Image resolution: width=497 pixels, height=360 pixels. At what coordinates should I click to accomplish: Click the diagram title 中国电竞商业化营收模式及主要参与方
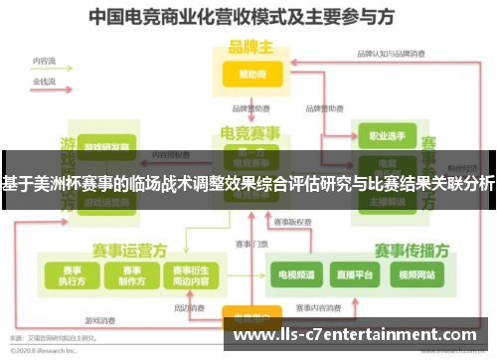tap(248, 18)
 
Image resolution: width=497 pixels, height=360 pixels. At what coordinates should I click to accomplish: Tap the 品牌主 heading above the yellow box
tap(249, 46)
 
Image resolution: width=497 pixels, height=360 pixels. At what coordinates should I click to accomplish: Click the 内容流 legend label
tap(43, 61)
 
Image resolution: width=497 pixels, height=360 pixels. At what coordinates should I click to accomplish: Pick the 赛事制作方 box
tap(129, 274)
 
